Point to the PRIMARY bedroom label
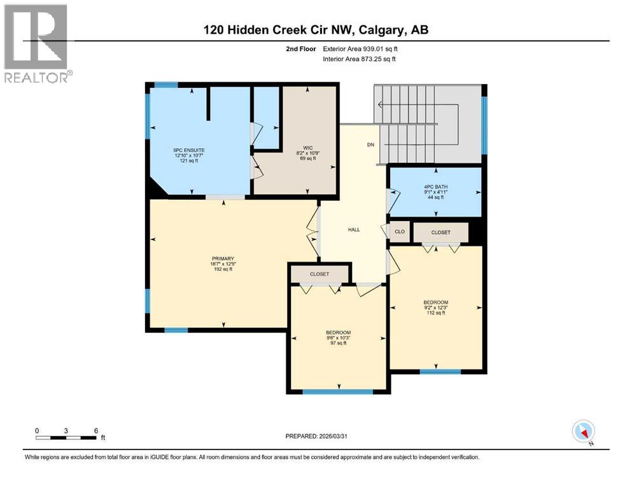pos(222,258)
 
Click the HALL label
pos(354,229)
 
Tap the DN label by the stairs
pos(370,145)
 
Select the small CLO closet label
pos(400,232)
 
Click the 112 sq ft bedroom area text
pos(436,313)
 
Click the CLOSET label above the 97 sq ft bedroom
pos(320,274)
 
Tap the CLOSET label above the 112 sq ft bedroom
pos(440,232)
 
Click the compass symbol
pos(583,432)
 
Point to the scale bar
pos(66,437)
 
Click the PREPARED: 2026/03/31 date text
pos(318,436)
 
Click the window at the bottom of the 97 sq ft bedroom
pos(337,392)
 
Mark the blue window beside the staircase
pos(484,125)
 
